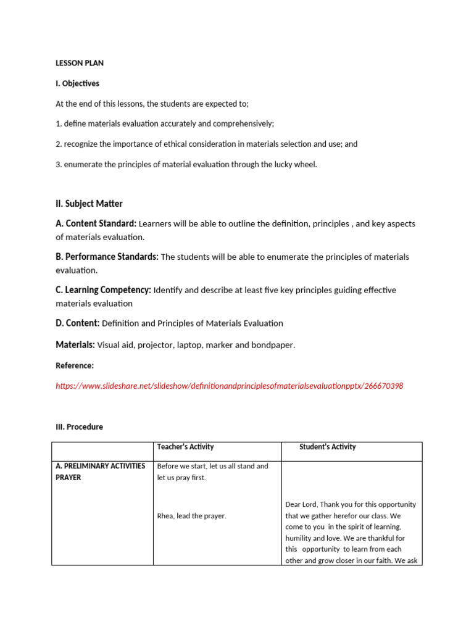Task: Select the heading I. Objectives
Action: pos(77,83)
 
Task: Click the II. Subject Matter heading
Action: pos(89,204)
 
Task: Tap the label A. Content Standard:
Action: pos(96,223)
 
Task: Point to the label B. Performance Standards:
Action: pos(107,257)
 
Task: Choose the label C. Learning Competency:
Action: pos(103,290)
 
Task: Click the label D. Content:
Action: pos(77,323)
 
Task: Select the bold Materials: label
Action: pos(75,344)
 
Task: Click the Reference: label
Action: pos(75,365)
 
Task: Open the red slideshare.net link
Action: pos(229,386)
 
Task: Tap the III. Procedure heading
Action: pos(79,426)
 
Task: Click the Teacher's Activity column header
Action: pos(185,447)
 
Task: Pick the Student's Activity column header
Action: pos(327,447)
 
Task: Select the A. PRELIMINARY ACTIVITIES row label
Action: pos(100,466)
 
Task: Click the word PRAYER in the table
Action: pos(68,477)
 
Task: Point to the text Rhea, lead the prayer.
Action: pos(191,516)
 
